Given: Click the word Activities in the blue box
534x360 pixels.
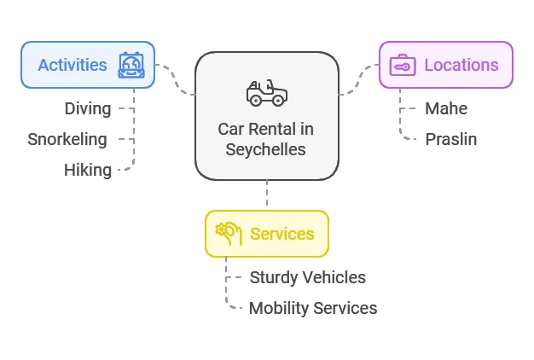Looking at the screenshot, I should coord(73,65).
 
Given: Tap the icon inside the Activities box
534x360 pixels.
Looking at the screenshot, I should coord(132,65).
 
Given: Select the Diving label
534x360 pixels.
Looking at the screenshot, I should coord(88,108).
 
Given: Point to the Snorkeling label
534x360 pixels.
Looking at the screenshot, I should coord(67,139).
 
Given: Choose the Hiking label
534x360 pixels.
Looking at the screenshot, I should coord(88,170).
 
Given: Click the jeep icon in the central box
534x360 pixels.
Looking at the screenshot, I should coord(266,92).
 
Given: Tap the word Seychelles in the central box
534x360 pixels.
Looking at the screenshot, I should coord(266,149).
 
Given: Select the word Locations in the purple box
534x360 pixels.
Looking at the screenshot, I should coord(461,65).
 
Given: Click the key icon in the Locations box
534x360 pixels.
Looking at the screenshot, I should coord(402,65).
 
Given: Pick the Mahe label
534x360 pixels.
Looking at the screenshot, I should coord(446,108).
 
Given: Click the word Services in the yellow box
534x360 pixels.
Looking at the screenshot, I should coord(282,234).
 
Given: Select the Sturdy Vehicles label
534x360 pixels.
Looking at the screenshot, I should coord(308,277).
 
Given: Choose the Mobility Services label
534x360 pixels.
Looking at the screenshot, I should coord(313,308).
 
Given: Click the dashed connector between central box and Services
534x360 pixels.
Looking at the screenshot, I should coord(267,195).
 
